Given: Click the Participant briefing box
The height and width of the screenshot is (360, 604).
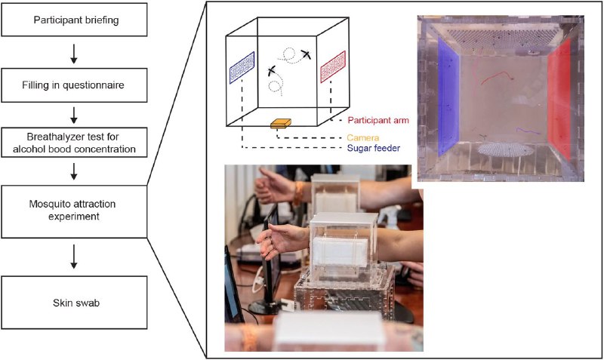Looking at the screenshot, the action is pos(74,20).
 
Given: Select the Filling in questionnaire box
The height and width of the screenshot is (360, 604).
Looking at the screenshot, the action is pos(74,85).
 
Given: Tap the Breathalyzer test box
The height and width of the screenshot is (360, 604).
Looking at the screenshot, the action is pos(74,143).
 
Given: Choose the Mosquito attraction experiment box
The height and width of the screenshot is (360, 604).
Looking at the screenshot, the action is pos(74,211).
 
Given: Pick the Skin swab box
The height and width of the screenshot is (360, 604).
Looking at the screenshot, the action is pos(74,303).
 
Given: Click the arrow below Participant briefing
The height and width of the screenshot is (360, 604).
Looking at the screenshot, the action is pos(74,54).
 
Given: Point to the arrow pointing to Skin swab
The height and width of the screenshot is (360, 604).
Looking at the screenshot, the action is pos(74,258).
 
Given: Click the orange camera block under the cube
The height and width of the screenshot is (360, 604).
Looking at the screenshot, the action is pos(280,124).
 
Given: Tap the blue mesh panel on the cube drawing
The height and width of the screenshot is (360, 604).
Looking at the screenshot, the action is pos(242,67).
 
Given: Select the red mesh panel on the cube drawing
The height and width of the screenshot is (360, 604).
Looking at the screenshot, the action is pos(333,66).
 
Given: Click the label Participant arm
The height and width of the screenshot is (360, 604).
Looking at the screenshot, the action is pos(378,120).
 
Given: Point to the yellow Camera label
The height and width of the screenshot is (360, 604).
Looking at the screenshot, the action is pos(362,137).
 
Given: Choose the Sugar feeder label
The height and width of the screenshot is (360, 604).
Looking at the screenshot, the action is pos(373,148).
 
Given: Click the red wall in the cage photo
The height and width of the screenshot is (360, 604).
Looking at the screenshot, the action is pos(559,98).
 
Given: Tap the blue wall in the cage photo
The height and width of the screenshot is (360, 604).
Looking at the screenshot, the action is pos(448,97).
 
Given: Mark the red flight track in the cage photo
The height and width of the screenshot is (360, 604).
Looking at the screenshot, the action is pos(497,77).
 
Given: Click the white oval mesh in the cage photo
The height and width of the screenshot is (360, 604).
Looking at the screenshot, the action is pos(505,149).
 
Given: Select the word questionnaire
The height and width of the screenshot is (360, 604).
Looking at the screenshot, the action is pos(93,85).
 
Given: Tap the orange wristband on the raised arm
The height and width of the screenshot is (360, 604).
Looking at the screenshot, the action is pos(297,193).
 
